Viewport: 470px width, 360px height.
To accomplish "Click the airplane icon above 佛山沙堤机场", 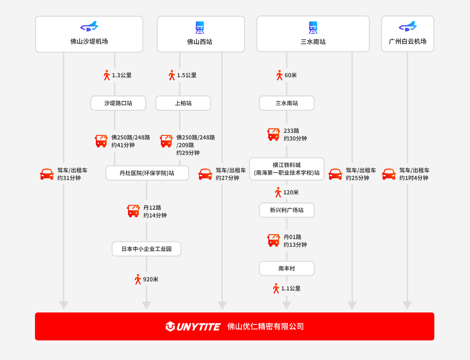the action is tap(89, 26).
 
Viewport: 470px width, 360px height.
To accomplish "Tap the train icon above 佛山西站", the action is tap(200, 28).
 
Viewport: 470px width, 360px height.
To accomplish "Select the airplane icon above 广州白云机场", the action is tap(407, 26).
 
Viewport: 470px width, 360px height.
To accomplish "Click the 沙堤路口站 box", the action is tap(118, 103).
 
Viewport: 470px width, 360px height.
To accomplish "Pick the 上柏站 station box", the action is tap(183, 103).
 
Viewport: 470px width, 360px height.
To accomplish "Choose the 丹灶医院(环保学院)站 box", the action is tap(147, 173).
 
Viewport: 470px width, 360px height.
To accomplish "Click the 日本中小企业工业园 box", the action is tap(147, 249).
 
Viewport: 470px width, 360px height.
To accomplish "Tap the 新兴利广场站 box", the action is tap(287, 210).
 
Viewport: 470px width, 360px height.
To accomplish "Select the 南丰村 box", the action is tap(287, 268).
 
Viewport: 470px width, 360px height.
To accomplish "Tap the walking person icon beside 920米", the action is tap(138, 279).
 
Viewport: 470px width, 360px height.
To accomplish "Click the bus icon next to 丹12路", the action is tap(133, 211).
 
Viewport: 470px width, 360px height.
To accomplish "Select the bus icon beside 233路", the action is tap(273, 135).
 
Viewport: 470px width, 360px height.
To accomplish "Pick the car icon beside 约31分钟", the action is tap(47, 174).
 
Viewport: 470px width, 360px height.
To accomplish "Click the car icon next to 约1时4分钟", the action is tap(389, 174).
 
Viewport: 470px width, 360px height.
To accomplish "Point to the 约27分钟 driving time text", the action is tap(227, 178).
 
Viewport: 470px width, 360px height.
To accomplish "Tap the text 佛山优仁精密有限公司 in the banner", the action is tap(265, 326).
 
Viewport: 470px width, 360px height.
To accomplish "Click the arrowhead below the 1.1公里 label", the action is tap(287, 305).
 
